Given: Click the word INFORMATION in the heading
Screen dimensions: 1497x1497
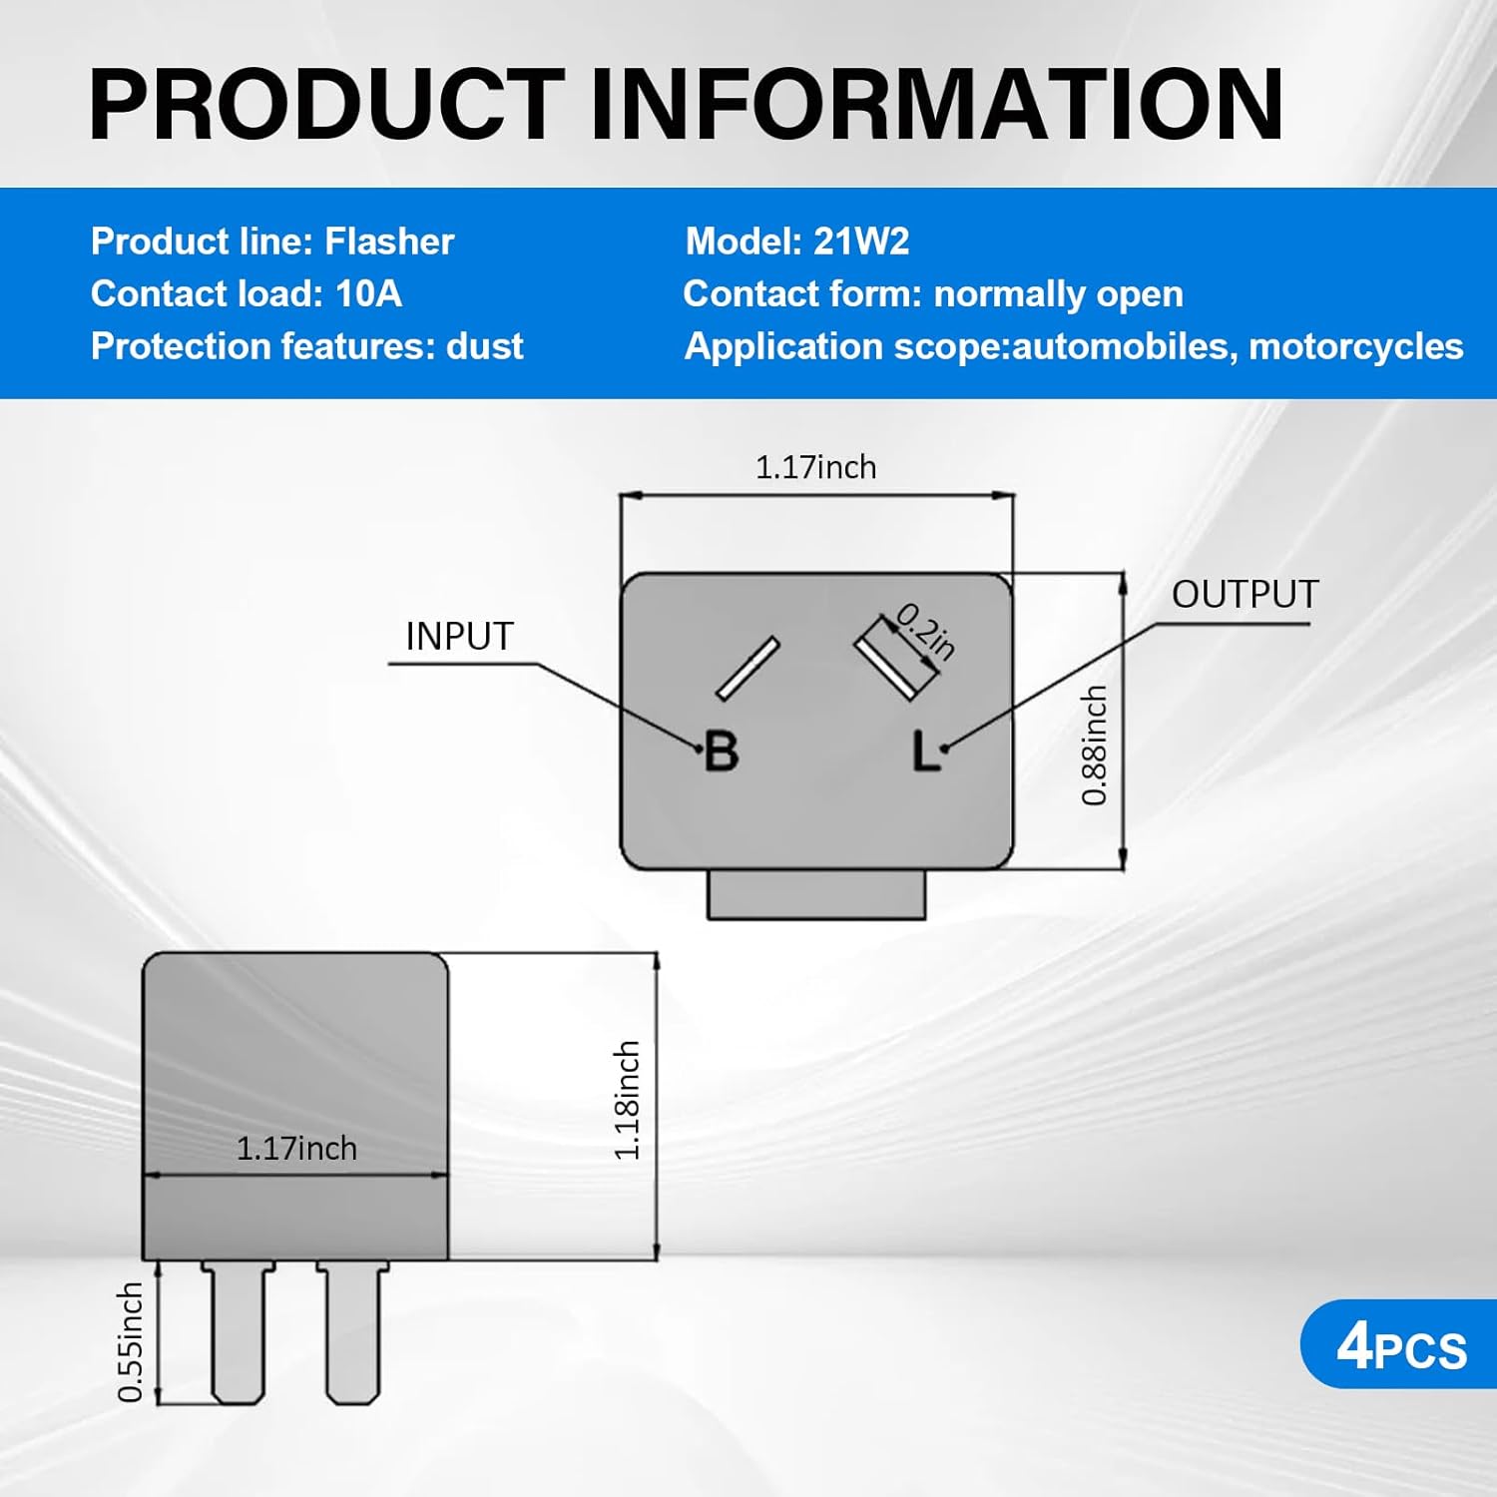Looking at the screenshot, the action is coord(936,104).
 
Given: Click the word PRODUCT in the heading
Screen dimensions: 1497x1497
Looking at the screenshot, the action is coord(327,104).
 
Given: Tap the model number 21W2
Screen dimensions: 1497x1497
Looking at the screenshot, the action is coord(861,242).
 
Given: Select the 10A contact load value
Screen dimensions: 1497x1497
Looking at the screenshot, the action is coord(368,294).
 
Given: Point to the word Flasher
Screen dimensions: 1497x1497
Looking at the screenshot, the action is coord(389,242).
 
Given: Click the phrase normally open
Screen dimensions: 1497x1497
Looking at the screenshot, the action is coord(1058,294).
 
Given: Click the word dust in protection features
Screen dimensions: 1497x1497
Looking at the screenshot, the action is coord(484,346).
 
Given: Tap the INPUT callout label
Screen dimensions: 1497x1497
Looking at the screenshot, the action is coord(459,637).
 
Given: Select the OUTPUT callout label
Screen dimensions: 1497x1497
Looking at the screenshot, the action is coord(1245,595).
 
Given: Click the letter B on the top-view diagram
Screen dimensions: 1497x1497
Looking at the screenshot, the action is coord(722,751).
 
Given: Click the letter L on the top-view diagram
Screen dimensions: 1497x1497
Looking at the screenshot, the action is coord(925,751).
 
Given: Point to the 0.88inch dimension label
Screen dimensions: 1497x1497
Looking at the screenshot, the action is coord(1095,745).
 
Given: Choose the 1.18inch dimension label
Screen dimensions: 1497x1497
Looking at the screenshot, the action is coord(626,1100).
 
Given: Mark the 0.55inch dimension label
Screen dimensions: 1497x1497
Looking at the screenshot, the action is coord(131,1342).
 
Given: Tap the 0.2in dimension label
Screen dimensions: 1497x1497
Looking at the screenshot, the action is coord(926,632).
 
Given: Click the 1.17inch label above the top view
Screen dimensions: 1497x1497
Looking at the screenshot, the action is coord(815,467).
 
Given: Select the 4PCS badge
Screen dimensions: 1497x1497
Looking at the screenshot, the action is coord(1400,1346).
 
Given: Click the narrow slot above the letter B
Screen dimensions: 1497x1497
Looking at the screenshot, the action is coord(748,668).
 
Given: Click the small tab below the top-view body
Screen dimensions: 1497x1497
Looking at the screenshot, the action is coord(816,895).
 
